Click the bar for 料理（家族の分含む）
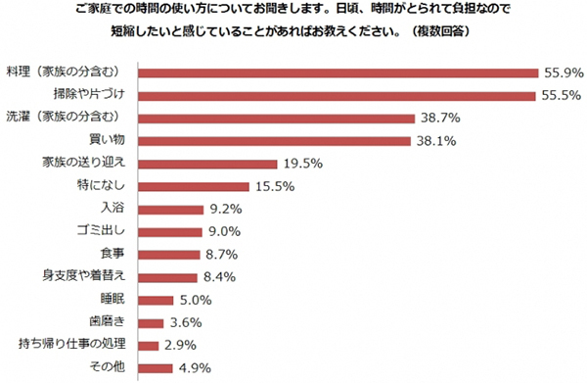coord(339,72)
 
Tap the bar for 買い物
coord(274,140)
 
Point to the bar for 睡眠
coord(157,299)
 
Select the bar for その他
coord(156,367)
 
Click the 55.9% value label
coord(563,72)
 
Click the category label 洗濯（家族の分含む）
coord(67,118)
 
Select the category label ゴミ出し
coord(103,231)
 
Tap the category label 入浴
coord(113,208)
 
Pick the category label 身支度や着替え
coord(84,276)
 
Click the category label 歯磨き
coord(107,321)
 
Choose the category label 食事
coord(113,254)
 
